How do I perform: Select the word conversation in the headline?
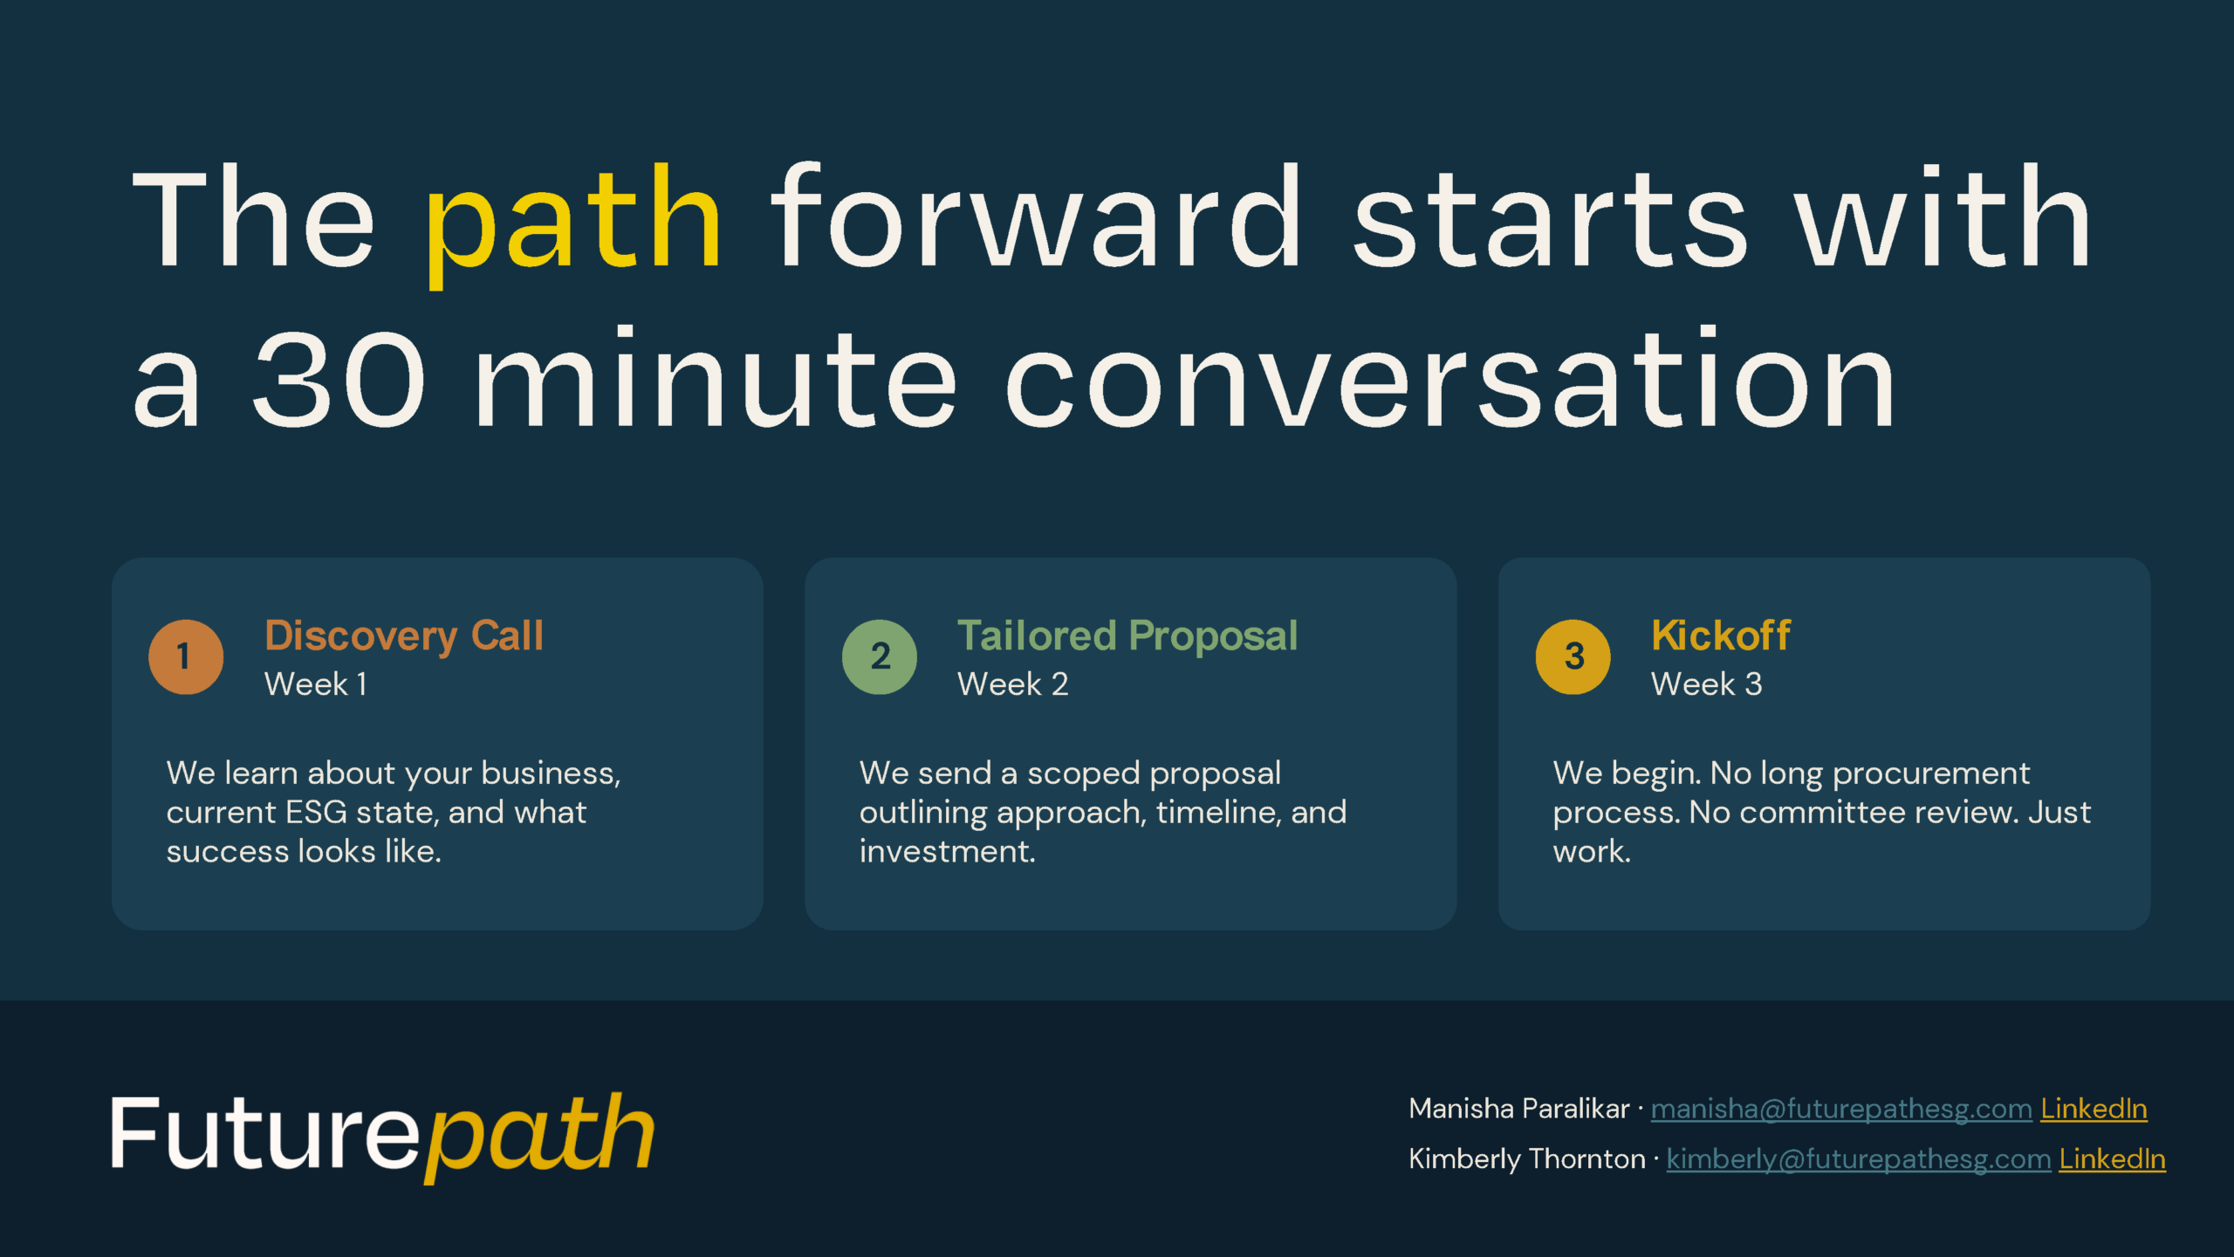(x=1451, y=377)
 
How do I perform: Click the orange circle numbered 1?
(x=186, y=656)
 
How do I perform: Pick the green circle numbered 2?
(x=880, y=656)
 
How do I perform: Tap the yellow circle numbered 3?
(x=1573, y=656)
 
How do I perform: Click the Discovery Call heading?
(x=404, y=636)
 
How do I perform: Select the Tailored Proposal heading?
(x=1127, y=636)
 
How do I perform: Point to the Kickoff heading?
(x=1721, y=635)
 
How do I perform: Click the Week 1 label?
(x=316, y=683)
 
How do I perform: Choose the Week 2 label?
(x=1013, y=683)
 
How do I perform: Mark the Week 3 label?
(x=1707, y=683)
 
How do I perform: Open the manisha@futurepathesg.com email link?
(x=1841, y=1109)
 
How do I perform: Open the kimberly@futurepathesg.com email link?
(x=1859, y=1159)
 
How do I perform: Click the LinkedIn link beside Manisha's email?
(x=2094, y=1109)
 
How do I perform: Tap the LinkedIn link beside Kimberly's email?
(x=2113, y=1159)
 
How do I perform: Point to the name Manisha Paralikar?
(x=1519, y=1109)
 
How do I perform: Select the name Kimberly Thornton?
(x=1527, y=1159)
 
